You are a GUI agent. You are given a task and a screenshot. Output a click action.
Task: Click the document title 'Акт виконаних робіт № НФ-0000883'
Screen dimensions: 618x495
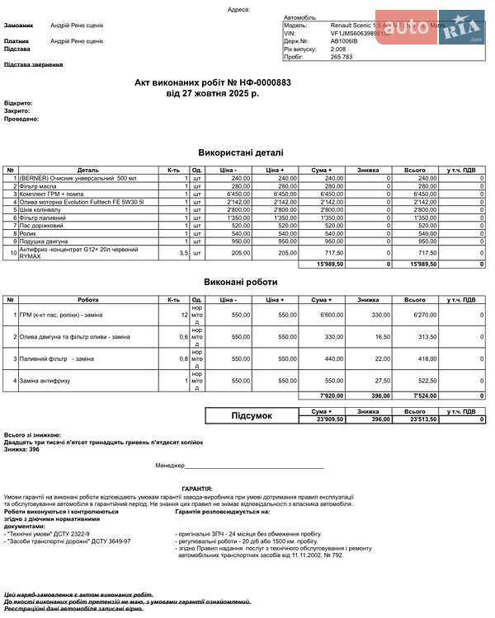[x=213, y=83]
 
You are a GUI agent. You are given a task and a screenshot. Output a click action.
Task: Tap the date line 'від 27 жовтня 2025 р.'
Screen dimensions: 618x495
[x=213, y=94]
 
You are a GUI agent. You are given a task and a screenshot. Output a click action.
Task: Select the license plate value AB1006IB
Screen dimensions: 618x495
[x=345, y=41]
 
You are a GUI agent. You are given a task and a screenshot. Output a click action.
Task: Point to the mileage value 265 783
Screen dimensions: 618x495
[x=342, y=57]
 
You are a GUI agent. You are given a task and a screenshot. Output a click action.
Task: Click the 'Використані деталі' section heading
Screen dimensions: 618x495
[x=241, y=152]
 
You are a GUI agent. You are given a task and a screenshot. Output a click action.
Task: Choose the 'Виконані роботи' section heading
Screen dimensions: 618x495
[x=241, y=282]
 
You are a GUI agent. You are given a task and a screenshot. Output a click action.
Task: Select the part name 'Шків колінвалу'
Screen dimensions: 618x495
[x=40, y=209]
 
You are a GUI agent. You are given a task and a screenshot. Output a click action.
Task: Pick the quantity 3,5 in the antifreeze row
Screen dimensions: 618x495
[x=183, y=253]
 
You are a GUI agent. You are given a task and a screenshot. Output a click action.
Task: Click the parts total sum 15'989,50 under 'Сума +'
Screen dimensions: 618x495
[x=330, y=265]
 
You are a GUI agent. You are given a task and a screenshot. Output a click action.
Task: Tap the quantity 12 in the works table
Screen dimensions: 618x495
[x=184, y=315]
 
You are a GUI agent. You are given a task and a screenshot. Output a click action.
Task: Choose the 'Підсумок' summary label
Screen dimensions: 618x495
[x=252, y=416]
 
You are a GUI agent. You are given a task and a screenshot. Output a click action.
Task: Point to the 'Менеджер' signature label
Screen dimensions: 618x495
[x=170, y=466]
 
